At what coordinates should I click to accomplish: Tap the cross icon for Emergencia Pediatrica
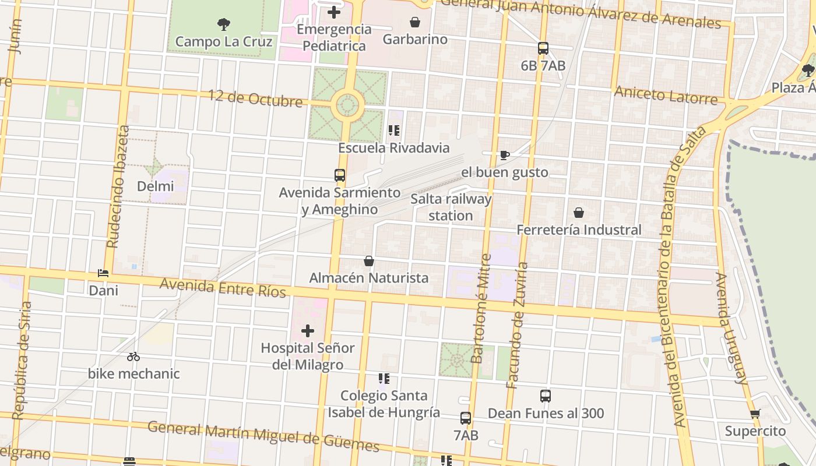point(334,12)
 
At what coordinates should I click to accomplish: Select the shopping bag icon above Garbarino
point(415,23)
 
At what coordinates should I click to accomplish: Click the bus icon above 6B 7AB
point(543,48)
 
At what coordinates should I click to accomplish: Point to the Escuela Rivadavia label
point(394,148)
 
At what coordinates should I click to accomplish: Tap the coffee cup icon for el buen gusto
point(505,155)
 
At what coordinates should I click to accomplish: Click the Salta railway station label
point(451,207)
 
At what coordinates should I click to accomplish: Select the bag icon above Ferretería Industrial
point(579,213)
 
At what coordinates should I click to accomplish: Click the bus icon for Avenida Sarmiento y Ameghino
point(340,175)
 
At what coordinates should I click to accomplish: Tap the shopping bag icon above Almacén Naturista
point(369,261)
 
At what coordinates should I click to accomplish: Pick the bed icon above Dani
point(103,273)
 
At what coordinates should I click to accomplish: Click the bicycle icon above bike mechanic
point(133,356)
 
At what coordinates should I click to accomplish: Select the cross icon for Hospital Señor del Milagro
point(308,331)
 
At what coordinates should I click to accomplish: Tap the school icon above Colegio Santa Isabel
point(384,379)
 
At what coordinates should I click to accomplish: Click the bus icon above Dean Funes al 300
point(546,396)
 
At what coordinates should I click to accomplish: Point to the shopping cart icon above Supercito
point(755,414)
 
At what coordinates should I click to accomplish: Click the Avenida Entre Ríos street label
point(223,287)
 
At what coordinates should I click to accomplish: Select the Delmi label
point(156,186)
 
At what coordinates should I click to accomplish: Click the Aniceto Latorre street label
point(666,94)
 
